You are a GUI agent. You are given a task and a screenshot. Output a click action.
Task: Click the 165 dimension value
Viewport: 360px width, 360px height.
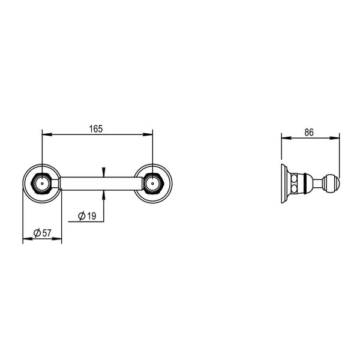click(x=97, y=129)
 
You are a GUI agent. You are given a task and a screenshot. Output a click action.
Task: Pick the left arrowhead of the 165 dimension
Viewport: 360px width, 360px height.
click(x=44, y=136)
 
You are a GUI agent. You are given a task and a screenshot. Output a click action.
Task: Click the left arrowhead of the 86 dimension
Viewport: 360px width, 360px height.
click(x=285, y=138)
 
